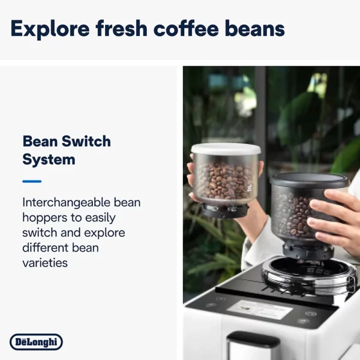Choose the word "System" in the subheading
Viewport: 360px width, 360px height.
pyautogui.click(x=49, y=160)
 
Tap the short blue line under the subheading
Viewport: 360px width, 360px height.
pyautogui.click(x=32, y=181)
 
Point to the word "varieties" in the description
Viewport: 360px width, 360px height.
pyautogui.click(x=45, y=263)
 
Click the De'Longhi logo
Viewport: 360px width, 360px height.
pyautogui.click(x=36, y=342)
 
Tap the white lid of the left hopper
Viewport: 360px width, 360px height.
pyautogui.click(x=225, y=150)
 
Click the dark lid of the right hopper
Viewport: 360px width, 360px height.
pyautogui.click(x=308, y=179)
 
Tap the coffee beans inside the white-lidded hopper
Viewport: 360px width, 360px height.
pyautogui.click(x=223, y=180)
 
